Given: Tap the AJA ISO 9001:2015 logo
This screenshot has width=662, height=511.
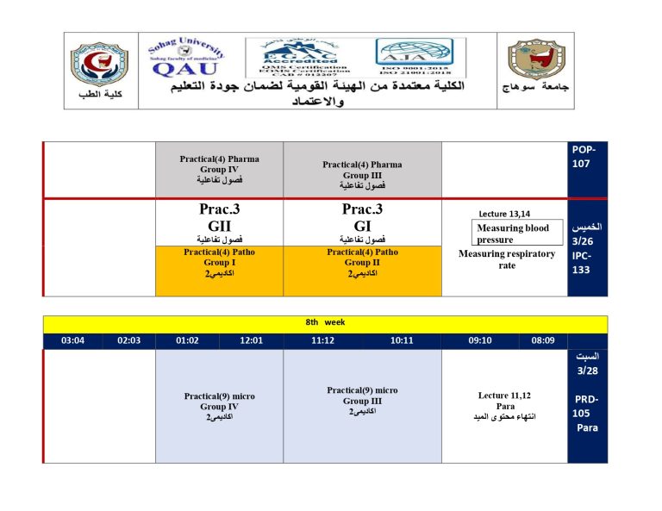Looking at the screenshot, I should click(420, 58).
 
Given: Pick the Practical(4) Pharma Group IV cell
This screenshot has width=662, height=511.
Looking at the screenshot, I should click(219, 170).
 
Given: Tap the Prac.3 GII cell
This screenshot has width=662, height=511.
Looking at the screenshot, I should click(219, 222).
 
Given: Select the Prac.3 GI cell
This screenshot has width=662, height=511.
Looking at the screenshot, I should click(362, 222).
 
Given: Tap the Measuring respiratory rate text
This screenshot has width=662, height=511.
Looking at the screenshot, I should click(507, 259).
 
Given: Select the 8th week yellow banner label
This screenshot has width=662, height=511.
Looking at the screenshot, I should click(325, 322).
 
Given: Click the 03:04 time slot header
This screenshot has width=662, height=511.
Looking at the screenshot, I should click(73, 340).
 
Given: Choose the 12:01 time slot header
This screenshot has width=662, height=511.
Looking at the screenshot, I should click(251, 340).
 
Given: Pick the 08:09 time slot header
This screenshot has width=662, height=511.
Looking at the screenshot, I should click(542, 340).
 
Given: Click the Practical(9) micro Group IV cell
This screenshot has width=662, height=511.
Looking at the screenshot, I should click(219, 406).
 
